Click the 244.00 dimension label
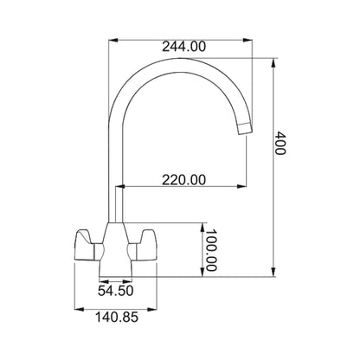[x=184, y=47]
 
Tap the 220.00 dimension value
[x=184, y=180]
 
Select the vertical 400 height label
[x=280, y=143]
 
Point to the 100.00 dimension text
[x=210, y=250]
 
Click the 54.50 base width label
[x=115, y=291]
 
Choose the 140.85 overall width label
[x=117, y=318]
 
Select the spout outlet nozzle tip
[x=245, y=129]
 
